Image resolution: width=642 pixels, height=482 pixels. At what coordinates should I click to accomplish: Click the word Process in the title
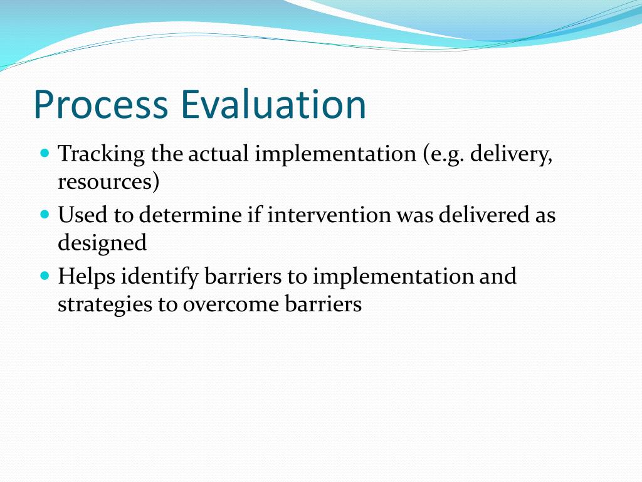(x=101, y=105)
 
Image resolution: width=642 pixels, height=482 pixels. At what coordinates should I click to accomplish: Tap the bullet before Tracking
(x=45, y=153)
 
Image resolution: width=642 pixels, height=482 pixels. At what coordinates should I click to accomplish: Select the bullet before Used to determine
(x=45, y=214)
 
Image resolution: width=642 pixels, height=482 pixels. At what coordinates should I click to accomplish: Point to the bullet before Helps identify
(x=45, y=276)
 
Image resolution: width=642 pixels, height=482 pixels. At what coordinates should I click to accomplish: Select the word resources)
(x=108, y=182)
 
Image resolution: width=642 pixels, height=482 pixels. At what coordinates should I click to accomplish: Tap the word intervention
(x=329, y=215)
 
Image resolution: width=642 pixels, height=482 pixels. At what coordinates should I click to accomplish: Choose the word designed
(x=102, y=244)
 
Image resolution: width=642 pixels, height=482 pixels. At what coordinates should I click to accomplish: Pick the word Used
(x=82, y=215)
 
